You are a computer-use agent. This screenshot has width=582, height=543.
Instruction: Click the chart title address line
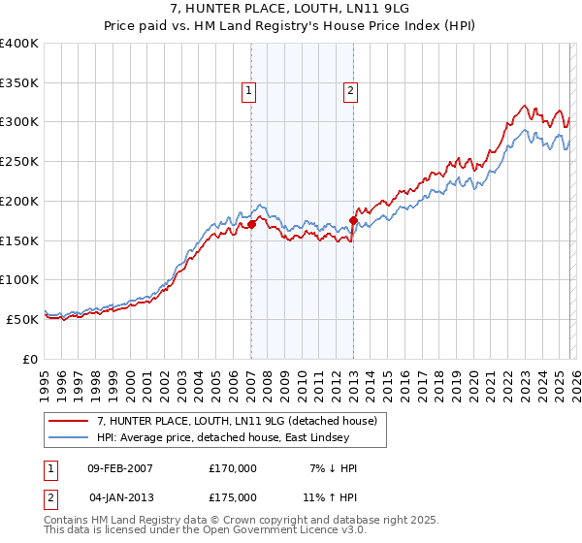tap(291, 10)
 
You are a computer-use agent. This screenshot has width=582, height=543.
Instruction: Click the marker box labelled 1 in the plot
tap(249, 92)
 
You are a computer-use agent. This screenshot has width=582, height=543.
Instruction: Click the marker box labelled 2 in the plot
tap(349, 92)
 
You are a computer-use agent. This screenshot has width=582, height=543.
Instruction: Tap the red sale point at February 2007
tap(251, 224)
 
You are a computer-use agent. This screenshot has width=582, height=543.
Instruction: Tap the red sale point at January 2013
tap(353, 220)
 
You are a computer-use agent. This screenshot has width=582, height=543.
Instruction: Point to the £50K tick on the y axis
tap(22, 319)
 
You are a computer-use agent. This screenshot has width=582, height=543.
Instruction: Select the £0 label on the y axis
tap(29, 359)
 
